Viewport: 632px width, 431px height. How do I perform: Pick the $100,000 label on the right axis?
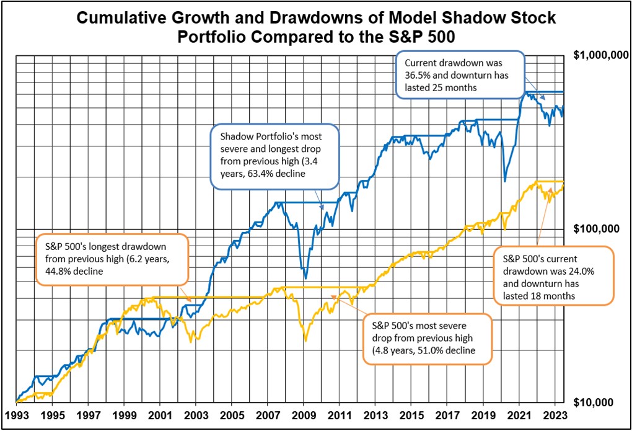599,229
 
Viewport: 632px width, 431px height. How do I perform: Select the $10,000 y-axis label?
601,402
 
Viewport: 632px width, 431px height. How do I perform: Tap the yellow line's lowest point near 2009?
305,340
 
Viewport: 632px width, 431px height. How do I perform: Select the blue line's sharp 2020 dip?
504,181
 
